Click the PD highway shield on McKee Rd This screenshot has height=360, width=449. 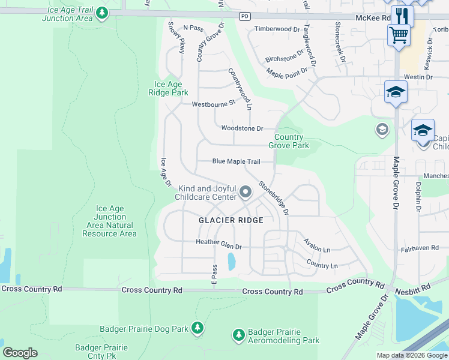point(244,16)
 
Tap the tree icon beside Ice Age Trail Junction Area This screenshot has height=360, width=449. point(103,13)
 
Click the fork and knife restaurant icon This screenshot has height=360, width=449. point(402,14)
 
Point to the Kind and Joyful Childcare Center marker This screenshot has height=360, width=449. point(245,192)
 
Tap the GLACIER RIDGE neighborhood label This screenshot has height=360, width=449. point(231,220)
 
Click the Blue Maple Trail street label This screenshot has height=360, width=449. point(236,161)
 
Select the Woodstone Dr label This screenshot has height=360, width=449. point(242,128)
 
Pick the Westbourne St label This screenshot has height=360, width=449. point(213,104)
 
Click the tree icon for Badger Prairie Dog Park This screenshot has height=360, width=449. point(197,328)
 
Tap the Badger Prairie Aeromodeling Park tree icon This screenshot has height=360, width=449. point(238,334)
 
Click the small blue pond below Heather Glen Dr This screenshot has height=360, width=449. point(231,261)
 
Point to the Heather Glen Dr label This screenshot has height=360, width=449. point(218,246)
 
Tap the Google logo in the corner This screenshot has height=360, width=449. point(20,353)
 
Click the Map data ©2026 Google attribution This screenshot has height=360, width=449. point(412,355)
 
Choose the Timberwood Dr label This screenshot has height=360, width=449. point(277,29)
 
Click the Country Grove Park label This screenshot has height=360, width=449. point(291,141)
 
